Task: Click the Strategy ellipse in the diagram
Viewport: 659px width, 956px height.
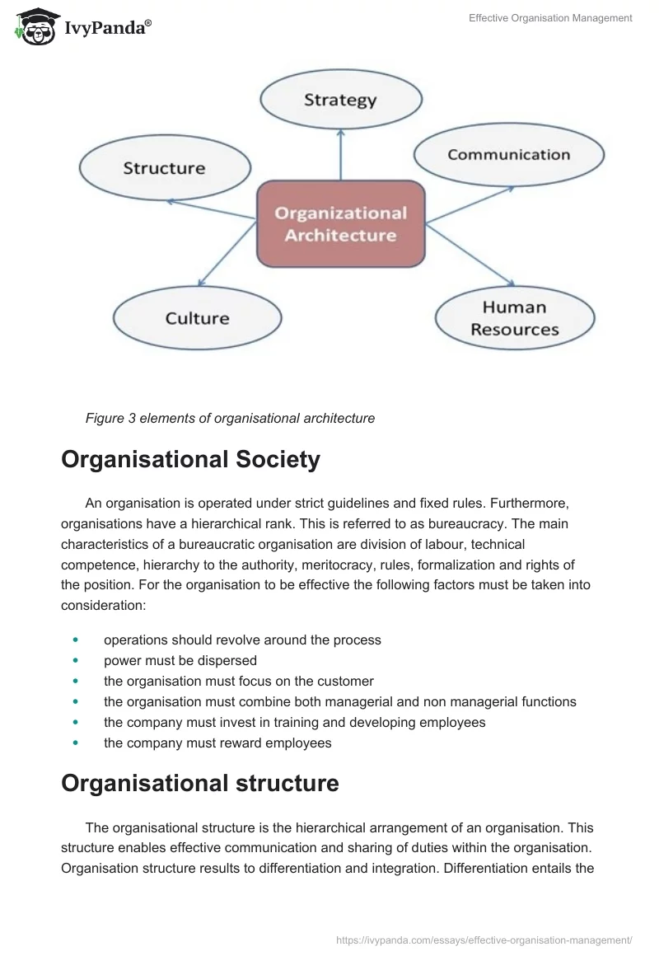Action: tap(340, 101)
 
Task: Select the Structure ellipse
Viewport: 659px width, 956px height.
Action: tap(164, 169)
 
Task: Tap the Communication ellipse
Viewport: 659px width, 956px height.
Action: tap(508, 155)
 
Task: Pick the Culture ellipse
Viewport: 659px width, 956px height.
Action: tap(197, 318)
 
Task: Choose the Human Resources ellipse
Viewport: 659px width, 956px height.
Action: tap(515, 318)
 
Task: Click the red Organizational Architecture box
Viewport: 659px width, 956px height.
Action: tap(340, 224)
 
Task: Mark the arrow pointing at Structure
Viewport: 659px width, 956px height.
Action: tap(211, 209)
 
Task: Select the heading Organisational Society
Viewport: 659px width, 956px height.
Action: tap(190, 459)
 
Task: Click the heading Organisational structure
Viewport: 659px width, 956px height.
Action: tap(199, 783)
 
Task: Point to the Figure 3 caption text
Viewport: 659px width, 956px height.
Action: tap(230, 419)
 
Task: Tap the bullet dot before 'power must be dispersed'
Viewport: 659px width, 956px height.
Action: tap(77, 660)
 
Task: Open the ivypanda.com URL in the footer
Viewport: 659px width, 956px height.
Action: tap(484, 940)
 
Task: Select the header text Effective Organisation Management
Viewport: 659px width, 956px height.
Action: tap(550, 18)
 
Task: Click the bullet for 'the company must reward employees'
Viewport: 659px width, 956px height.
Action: tap(77, 743)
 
